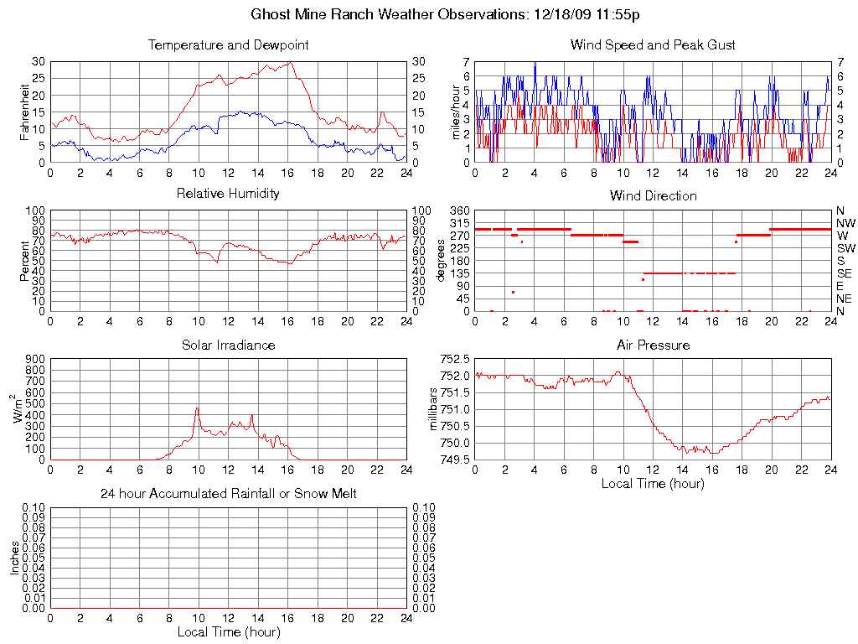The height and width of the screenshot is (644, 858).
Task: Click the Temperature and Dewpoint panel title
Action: click(228, 44)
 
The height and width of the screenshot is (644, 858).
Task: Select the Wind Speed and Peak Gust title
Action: click(653, 44)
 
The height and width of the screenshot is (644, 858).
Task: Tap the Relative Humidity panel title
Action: click(228, 194)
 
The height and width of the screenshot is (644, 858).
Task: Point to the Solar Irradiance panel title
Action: click(228, 345)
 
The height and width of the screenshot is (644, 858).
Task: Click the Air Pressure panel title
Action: click(653, 345)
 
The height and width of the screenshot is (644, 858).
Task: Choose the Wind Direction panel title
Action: click(653, 195)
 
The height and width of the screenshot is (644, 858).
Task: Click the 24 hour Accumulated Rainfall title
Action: click(228, 494)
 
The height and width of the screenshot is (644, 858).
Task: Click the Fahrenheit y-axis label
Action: click(25, 112)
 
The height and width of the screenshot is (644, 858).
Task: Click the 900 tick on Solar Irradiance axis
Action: click(35, 359)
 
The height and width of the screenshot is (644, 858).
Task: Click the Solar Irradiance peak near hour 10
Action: click(198, 408)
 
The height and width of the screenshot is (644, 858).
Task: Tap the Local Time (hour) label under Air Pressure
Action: click(653, 483)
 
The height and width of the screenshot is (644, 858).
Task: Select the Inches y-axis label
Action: click(15, 558)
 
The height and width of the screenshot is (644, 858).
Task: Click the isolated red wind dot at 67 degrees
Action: click(513, 292)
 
